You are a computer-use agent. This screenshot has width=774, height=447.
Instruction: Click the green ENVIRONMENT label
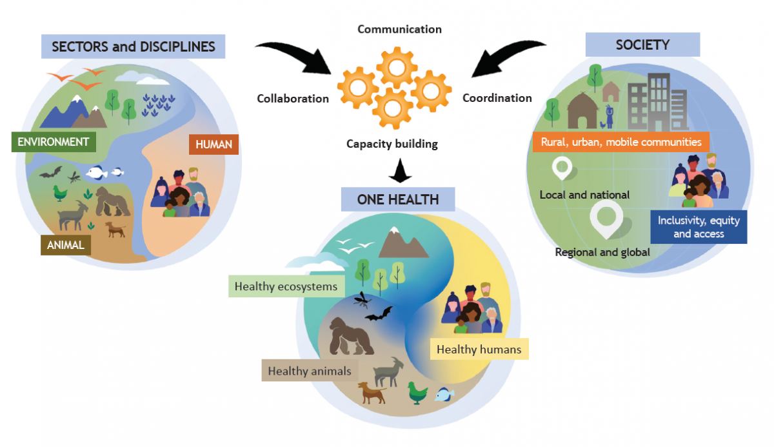coord(54,142)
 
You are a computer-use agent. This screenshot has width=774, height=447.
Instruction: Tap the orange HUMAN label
coord(213,144)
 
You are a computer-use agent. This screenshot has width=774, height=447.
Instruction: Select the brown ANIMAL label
coord(66,245)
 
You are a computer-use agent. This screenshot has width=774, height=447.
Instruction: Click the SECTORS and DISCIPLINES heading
coord(133,46)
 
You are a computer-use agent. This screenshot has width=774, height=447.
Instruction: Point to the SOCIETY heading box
coord(642,45)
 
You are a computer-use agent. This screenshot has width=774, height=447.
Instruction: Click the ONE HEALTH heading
coord(398,199)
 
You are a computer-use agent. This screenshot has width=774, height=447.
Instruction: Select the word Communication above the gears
coord(399,30)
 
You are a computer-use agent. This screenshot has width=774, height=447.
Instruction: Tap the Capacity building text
coord(392,144)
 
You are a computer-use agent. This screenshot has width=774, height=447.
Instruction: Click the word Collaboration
coord(293,99)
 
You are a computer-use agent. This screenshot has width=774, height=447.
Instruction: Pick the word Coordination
coord(497,98)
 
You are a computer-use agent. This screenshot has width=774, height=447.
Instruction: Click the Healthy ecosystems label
coord(286,286)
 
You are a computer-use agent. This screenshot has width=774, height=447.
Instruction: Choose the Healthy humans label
coord(479,349)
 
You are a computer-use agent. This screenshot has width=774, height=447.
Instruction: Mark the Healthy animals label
coord(310,370)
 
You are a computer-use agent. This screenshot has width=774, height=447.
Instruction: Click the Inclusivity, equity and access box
coord(699,227)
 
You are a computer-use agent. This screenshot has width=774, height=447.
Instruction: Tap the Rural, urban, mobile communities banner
coord(621,142)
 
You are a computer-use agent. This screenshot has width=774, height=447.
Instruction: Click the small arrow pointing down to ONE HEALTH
coord(400,170)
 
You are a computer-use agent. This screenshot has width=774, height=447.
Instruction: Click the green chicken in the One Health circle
coord(417,393)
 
